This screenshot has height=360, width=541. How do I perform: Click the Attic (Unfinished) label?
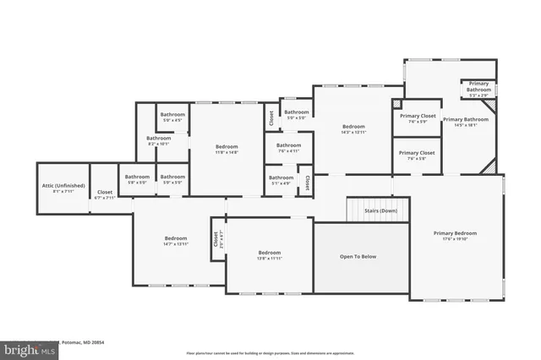(58, 188)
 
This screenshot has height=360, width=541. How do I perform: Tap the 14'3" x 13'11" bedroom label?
(352, 128)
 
